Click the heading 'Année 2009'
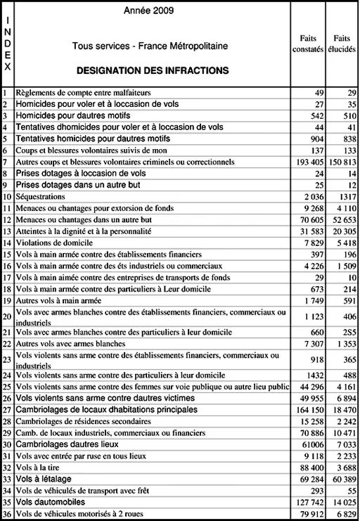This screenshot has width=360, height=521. (x=149, y=11)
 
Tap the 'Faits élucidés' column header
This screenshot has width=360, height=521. (x=342, y=44)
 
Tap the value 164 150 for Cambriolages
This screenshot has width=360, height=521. (x=308, y=410)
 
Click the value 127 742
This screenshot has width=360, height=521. (x=308, y=502)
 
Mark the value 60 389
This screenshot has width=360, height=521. (x=343, y=479)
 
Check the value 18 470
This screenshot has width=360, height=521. (x=343, y=410)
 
